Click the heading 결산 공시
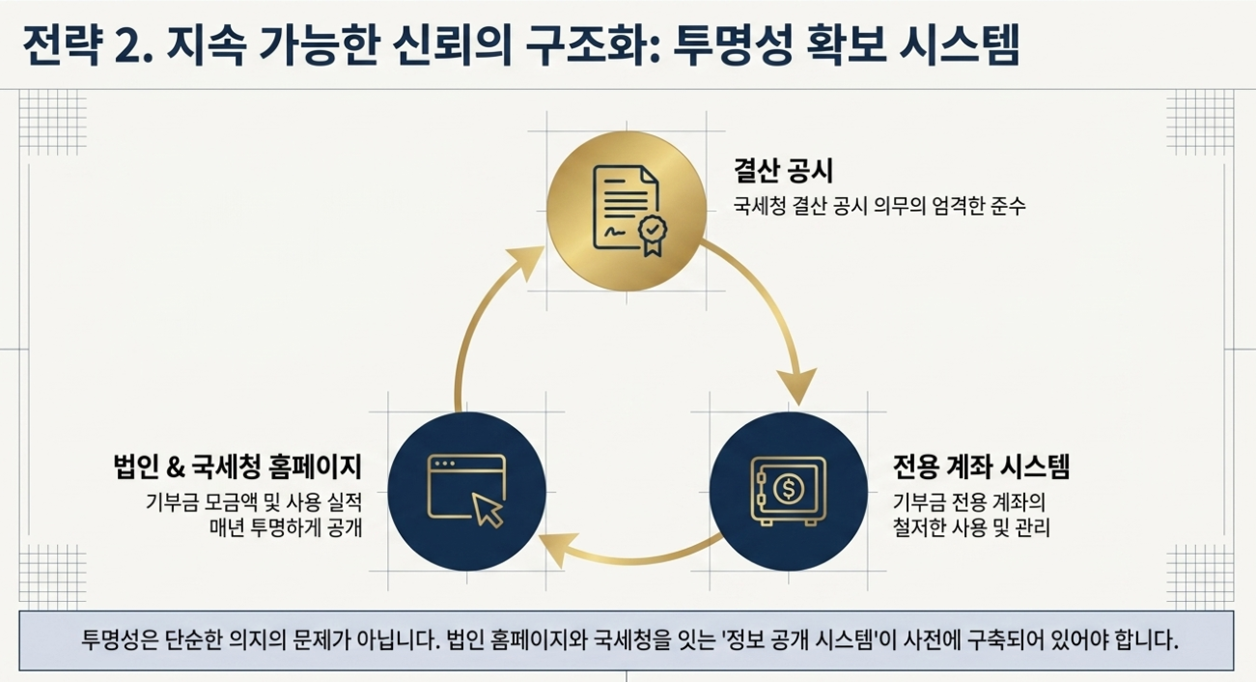click(783, 171)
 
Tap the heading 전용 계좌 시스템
click(981, 467)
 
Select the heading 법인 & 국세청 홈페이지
click(237, 467)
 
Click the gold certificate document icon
click(629, 211)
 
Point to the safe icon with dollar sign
click(789, 492)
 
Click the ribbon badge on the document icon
click(653, 236)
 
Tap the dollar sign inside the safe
click(789, 488)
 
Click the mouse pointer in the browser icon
click(488, 510)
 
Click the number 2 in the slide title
click(126, 47)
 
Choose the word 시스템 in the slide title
click(959, 46)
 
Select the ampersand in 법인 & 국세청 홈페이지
click(176, 468)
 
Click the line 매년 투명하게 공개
click(286, 527)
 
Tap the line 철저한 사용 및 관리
click(971, 527)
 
